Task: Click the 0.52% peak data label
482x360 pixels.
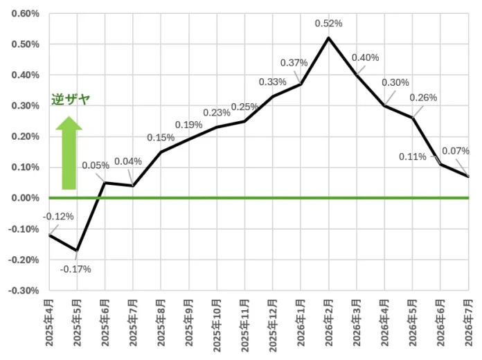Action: coord(328,24)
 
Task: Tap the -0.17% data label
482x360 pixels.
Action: coord(75,269)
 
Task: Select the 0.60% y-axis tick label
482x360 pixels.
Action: coord(25,14)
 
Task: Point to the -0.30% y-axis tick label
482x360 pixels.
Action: coord(24,291)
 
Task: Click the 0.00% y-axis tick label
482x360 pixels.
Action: coord(25,198)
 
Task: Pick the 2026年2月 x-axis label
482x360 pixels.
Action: coord(329,323)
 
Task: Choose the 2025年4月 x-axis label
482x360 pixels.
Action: coord(49,323)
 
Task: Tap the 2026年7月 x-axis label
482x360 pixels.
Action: coord(468,323)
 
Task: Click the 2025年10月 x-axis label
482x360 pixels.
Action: coord(217,326)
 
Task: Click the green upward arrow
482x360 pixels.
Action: coord(69,153)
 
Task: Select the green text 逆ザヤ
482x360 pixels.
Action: coord(71,99)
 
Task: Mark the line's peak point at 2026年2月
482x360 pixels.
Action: coord(329,38)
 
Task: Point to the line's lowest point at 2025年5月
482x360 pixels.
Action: coord(77,251)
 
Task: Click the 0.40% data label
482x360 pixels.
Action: coord(365,57)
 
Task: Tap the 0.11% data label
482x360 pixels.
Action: coord(413,156)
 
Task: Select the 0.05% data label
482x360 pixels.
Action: coord(96,165)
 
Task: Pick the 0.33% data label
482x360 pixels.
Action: coord(273,82)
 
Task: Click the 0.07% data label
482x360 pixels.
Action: coord(456,151)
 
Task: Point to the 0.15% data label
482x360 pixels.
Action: coord(161,137)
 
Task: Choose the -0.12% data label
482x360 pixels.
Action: coord(58,217)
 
